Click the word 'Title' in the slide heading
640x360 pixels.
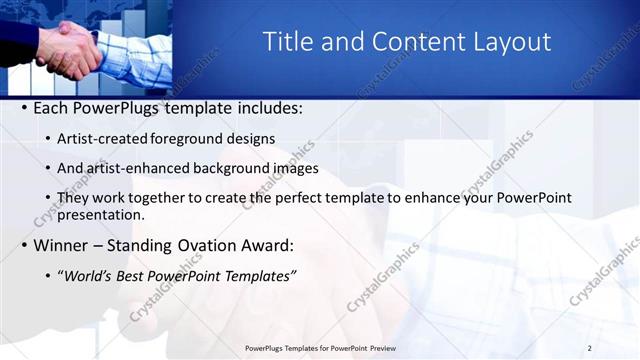point(286,41)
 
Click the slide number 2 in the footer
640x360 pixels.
point(589,347)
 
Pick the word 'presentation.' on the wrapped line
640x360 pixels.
point(101,214)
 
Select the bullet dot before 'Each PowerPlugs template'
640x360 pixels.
point(23,108)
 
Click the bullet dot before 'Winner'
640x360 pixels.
point(23,246)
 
